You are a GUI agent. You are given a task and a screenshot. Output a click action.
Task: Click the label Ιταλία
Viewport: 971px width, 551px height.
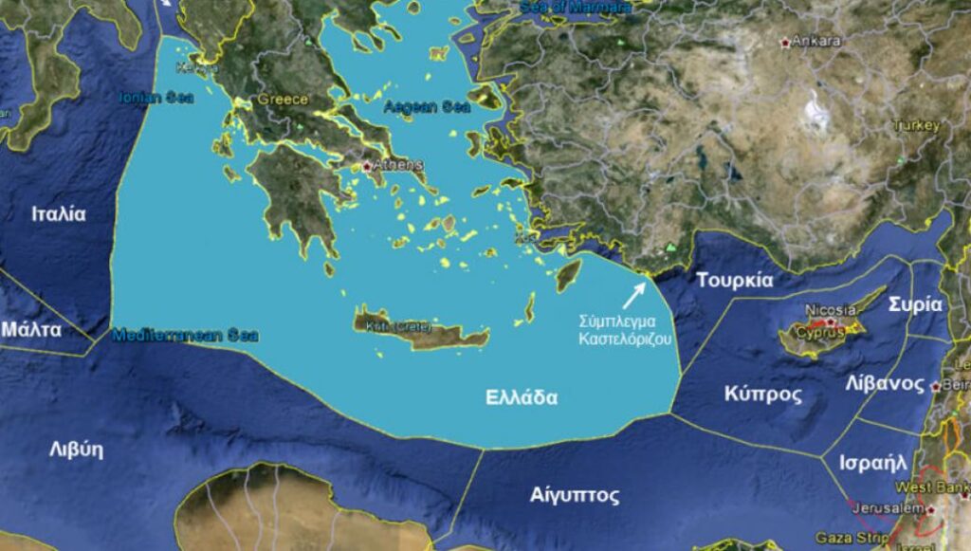click(x=59, y=214)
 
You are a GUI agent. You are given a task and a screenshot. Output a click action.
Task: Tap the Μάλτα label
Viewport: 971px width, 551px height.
click(x=31, y=330)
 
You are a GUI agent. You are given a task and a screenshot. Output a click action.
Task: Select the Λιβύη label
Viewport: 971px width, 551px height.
click(x=76, y=450)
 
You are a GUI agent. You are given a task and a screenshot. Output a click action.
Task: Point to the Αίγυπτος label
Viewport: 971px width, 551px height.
click(x=575, y=495)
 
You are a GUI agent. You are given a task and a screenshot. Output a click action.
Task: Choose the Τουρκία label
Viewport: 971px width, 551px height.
click(x=735, y=281)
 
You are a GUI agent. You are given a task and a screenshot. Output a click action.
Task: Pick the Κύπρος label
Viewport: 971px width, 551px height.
click(x=762, y=395)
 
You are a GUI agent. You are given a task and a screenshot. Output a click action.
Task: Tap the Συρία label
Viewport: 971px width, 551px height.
click(x=915, y=305)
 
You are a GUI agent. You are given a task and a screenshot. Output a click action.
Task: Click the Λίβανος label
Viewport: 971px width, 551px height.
click(x=885, y=384)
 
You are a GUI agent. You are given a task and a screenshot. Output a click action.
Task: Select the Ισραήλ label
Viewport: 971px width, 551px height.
click(x=873, y=465)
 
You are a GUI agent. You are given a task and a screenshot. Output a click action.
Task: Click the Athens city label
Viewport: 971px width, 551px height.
click(x=398, y=164)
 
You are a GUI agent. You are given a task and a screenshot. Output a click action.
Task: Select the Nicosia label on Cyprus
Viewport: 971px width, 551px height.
click(x=830, y=310)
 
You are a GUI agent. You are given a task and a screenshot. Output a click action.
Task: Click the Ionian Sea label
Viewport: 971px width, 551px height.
click(x=156, y=97)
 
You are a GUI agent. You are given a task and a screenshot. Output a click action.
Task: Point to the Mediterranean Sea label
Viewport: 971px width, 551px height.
click(x=185, y=335)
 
